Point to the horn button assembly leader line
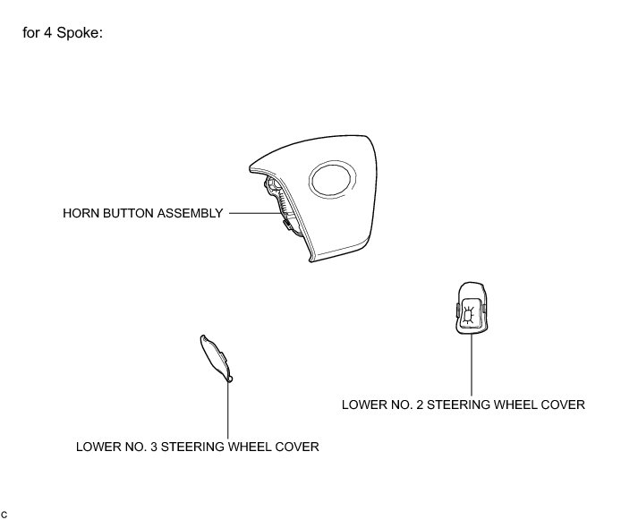(251, 213)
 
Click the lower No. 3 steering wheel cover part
(215, 358)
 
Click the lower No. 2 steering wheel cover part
(471, 310)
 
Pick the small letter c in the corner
(5, 512)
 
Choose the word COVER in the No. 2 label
(562, 405)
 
